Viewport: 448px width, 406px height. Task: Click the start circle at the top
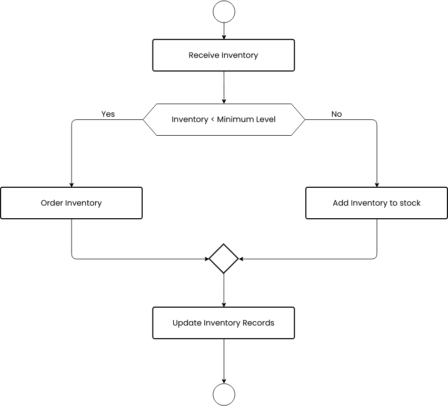[224, 12]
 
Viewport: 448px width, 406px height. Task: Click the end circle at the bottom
[224, 394]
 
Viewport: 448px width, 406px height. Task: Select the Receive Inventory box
[224, 55]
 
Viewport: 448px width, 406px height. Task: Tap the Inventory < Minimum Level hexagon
[224, 119]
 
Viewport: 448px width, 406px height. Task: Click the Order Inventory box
[71, 203]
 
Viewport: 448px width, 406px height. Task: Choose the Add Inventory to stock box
[376, 203]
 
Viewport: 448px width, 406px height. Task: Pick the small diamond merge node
[224, 259]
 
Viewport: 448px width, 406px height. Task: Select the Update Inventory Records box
[224, 323]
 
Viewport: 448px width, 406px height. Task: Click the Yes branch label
[108, 114]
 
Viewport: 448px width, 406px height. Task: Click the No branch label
[336, 114]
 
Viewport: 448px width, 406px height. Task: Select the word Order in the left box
[52, 203]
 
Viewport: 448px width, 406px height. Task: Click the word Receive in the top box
[204, 55]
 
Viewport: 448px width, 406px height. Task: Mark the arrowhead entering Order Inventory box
[71, 185]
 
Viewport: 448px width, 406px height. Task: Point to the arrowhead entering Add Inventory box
[376, 185]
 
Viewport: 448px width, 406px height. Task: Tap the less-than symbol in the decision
[213, 120]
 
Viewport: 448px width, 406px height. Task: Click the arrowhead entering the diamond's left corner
[206, 259]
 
